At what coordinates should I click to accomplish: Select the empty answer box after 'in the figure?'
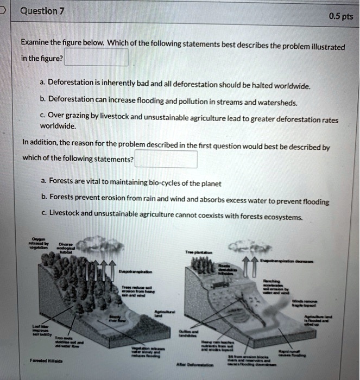click(x=96, y=58)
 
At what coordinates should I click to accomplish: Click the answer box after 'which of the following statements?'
click(x=166, y=160)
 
